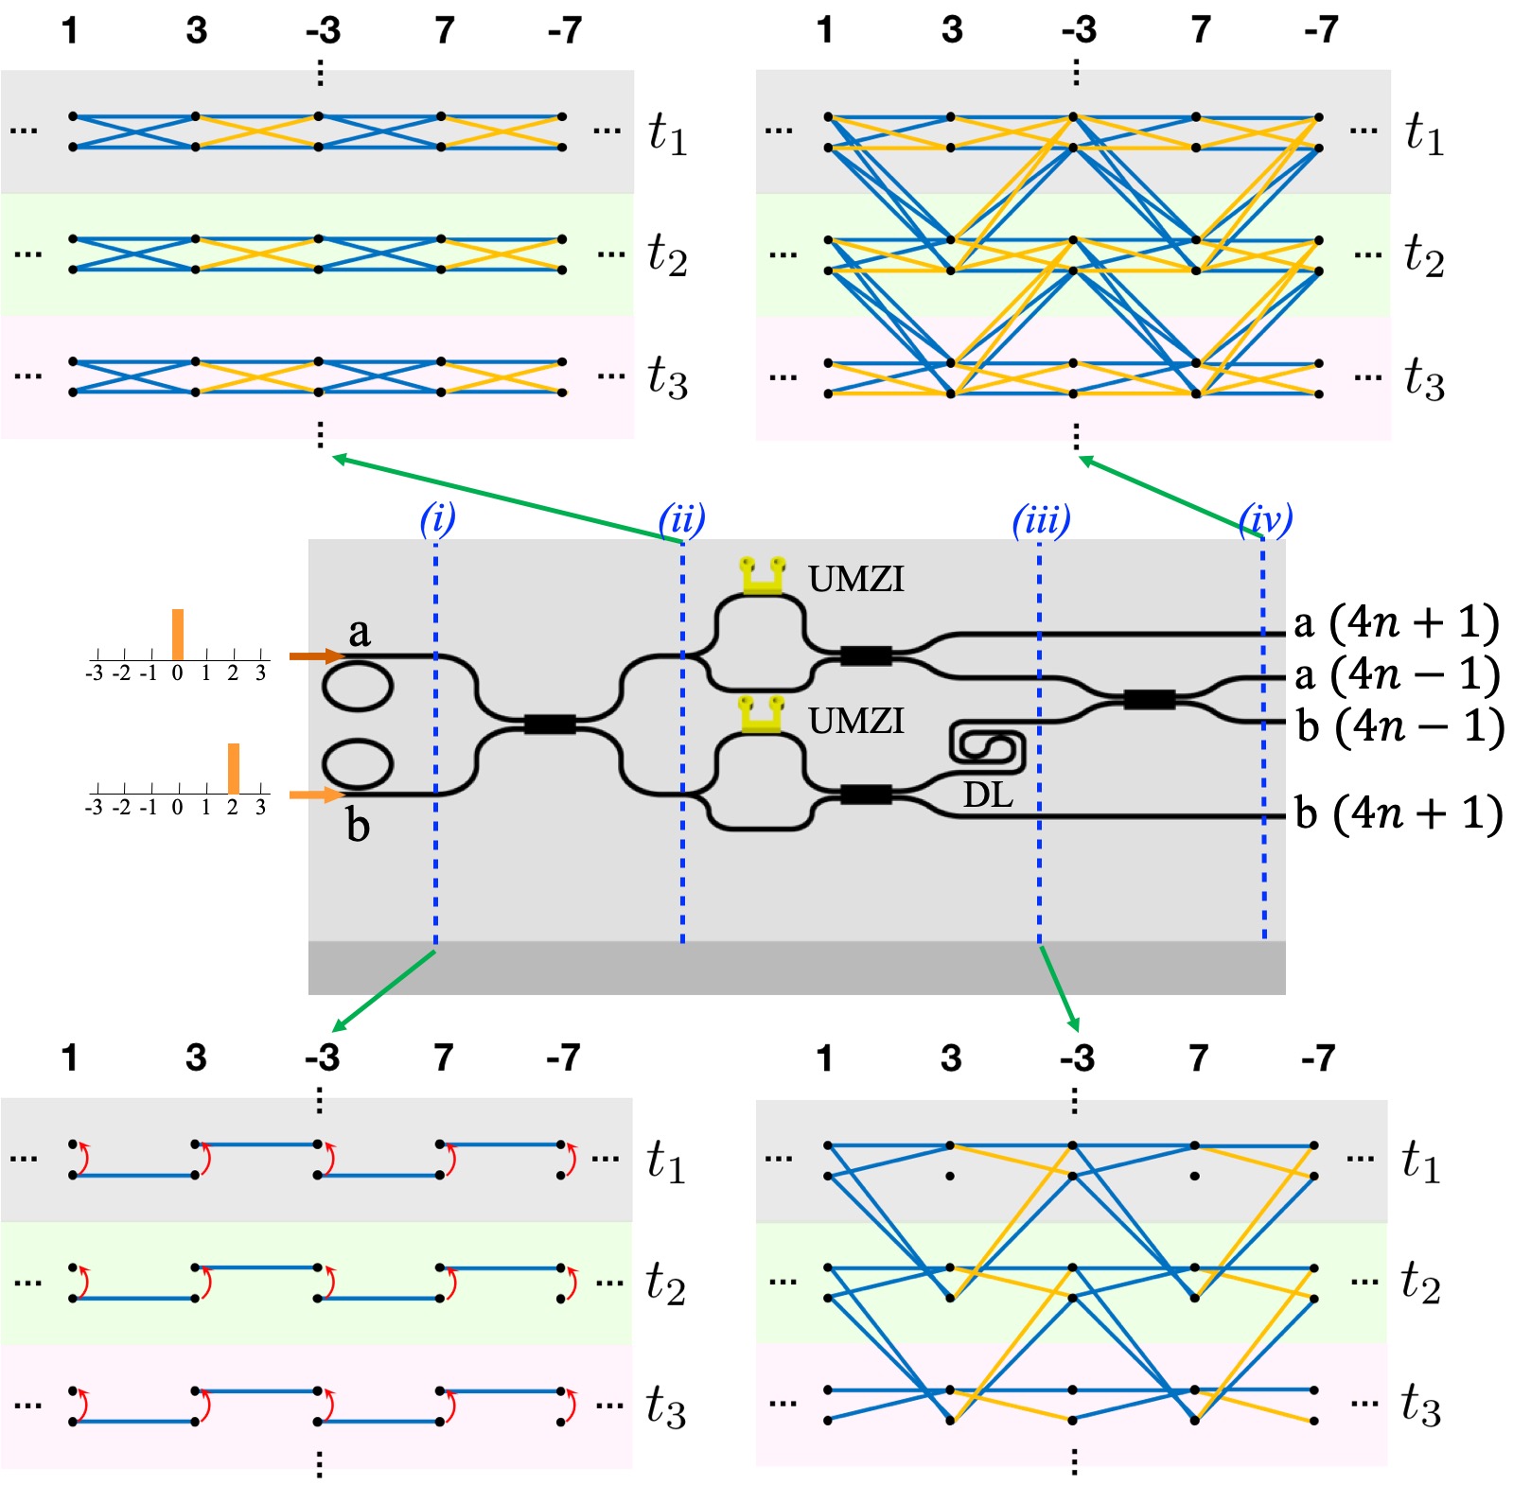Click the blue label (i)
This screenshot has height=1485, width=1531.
click(437, 518)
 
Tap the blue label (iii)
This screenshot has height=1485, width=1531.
click(1041, 519)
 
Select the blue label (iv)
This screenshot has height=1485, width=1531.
click(1265, 518)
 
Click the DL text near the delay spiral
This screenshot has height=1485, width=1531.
click(988, 795)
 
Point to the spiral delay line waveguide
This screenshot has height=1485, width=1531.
click(987, 745)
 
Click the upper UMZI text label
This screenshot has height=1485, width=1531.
click(855, 579)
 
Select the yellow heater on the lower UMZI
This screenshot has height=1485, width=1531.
click(762, 715)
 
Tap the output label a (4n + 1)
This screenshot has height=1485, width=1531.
click(1396, 622)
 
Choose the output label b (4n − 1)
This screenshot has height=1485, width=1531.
click(1399, 726)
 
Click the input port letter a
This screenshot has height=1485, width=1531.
click(359, 631)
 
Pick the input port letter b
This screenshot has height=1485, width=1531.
click(358, 825)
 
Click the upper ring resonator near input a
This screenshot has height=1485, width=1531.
click(358, 686)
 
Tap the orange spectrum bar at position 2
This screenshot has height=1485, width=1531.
click(233, 768)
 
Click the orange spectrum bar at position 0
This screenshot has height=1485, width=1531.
click(177, 634)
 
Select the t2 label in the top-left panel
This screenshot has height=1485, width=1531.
click(666, 255)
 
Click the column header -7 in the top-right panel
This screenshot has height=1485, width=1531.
click(1321, 30)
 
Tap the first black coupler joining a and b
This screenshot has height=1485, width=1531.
click(550, 725)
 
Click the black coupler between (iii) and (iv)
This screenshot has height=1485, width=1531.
click(1150, 699)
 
